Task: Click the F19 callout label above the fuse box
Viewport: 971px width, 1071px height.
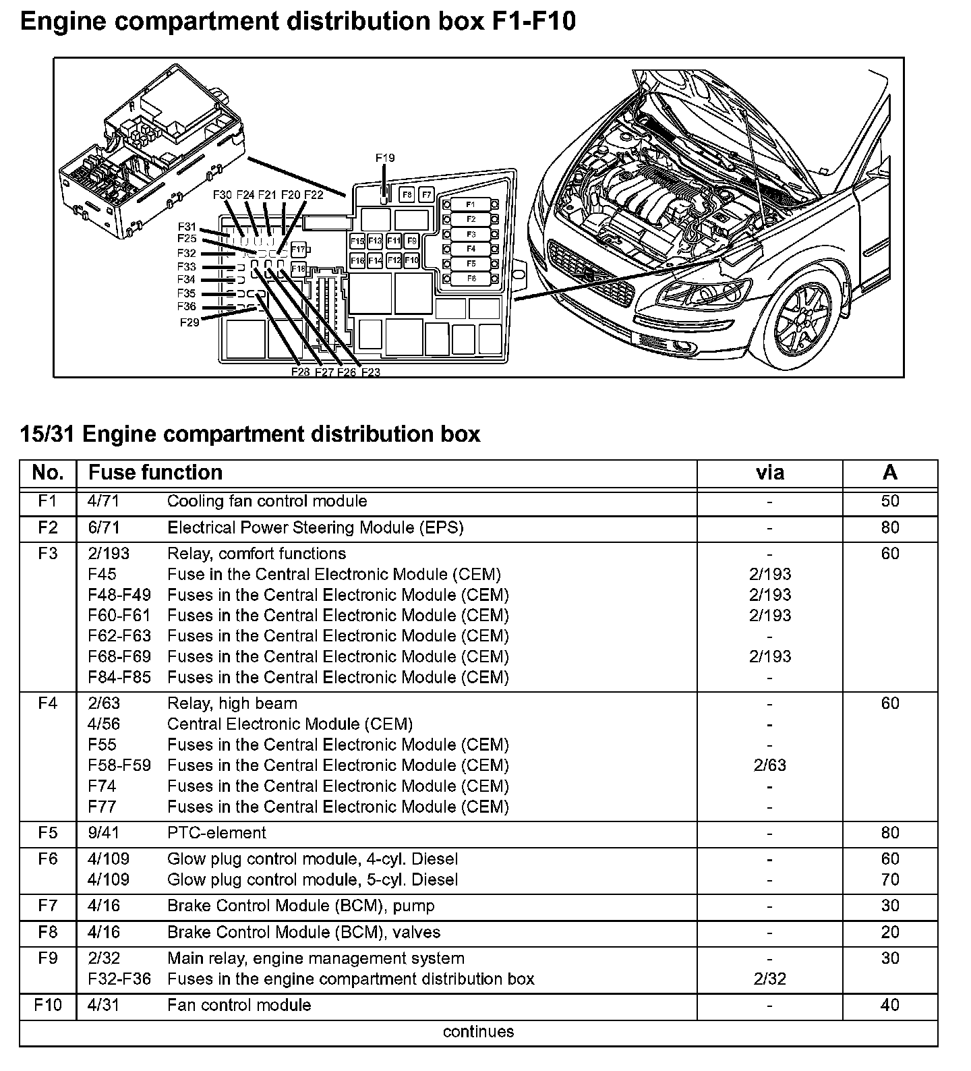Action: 385,158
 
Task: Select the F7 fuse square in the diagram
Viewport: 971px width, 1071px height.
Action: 425,195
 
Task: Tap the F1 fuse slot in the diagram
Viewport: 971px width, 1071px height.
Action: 471,204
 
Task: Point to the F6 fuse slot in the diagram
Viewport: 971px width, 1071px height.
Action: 471,279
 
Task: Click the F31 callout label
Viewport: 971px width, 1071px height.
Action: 187,227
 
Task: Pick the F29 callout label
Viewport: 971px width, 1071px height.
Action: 189,322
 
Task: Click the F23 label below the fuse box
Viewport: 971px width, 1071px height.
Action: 371,372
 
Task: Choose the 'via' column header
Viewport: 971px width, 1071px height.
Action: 769,472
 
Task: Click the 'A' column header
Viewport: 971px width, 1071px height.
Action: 890,472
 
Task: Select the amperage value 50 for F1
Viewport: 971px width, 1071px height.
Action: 890,501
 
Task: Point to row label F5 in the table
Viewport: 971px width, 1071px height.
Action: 48,833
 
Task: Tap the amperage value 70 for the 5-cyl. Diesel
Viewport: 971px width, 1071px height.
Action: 890,879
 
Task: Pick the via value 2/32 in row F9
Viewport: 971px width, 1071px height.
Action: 769,979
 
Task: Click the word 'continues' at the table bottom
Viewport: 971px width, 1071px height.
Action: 478,1032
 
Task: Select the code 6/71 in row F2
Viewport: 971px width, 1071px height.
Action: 104,527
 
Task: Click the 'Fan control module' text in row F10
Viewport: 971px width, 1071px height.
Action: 239,1006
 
